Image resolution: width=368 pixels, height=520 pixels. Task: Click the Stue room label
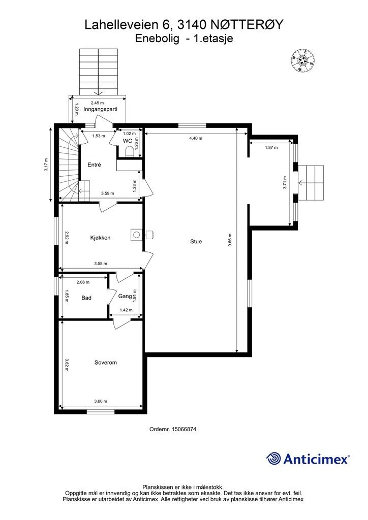pyautogui.click(x=196, y=241)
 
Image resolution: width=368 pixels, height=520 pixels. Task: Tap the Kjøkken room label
pyautogui.click(x=100, y=238)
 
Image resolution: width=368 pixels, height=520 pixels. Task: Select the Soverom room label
pyautogui.click(x=106, y=363)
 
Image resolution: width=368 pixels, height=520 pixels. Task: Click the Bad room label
pyautogui.click(x=86, y=298)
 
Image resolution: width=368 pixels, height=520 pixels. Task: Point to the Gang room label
pyautogui.click(x=125, y=296)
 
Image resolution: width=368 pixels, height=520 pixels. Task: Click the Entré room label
pyautogui.click(x=94, y=165)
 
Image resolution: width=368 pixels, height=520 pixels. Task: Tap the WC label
pyautogui.click(x=128, y=141)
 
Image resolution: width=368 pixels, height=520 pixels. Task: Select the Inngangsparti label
pyautogui.click(x=100, y=109)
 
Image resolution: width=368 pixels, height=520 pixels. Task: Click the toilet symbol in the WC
pyautogui.click(x=129, y=151)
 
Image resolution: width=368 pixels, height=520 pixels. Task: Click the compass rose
pyautogui.click(x=302, y=60)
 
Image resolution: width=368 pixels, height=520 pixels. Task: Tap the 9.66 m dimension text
pyautogui.click(x=230, y=246)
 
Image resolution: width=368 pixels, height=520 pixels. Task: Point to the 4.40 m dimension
pyautogui.click(x=196, y=138)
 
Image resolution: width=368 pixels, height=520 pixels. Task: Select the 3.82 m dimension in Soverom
pyautogui.click(x=67, y=365)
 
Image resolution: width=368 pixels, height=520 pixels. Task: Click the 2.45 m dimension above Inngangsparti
pyautogui.click(x=97, y=103)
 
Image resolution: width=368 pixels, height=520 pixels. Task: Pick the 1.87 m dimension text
pyautogui.click(x=271, y=148)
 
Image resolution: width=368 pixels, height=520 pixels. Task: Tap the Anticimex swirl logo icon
pyautogui.click(x=273, y=459)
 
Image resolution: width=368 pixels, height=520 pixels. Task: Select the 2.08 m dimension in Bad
pyautogui.click(x=83, y=282)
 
